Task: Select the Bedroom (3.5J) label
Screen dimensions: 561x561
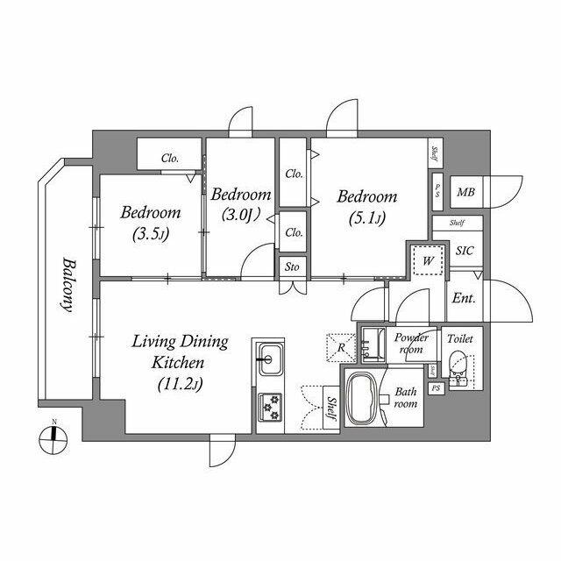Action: coord(151,223)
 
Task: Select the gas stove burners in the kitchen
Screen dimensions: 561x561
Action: coord(268,406)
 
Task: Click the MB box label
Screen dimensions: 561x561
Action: coord(464,191)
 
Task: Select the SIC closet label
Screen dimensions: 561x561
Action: coord(464,251)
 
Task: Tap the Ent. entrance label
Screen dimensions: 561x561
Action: coord(463,298)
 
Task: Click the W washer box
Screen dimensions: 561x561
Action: coord(427,260)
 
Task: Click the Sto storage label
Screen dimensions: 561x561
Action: coord(291,267)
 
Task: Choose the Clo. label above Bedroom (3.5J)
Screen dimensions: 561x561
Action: coord(169,159)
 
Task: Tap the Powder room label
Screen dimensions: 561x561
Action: coord(411,343)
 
